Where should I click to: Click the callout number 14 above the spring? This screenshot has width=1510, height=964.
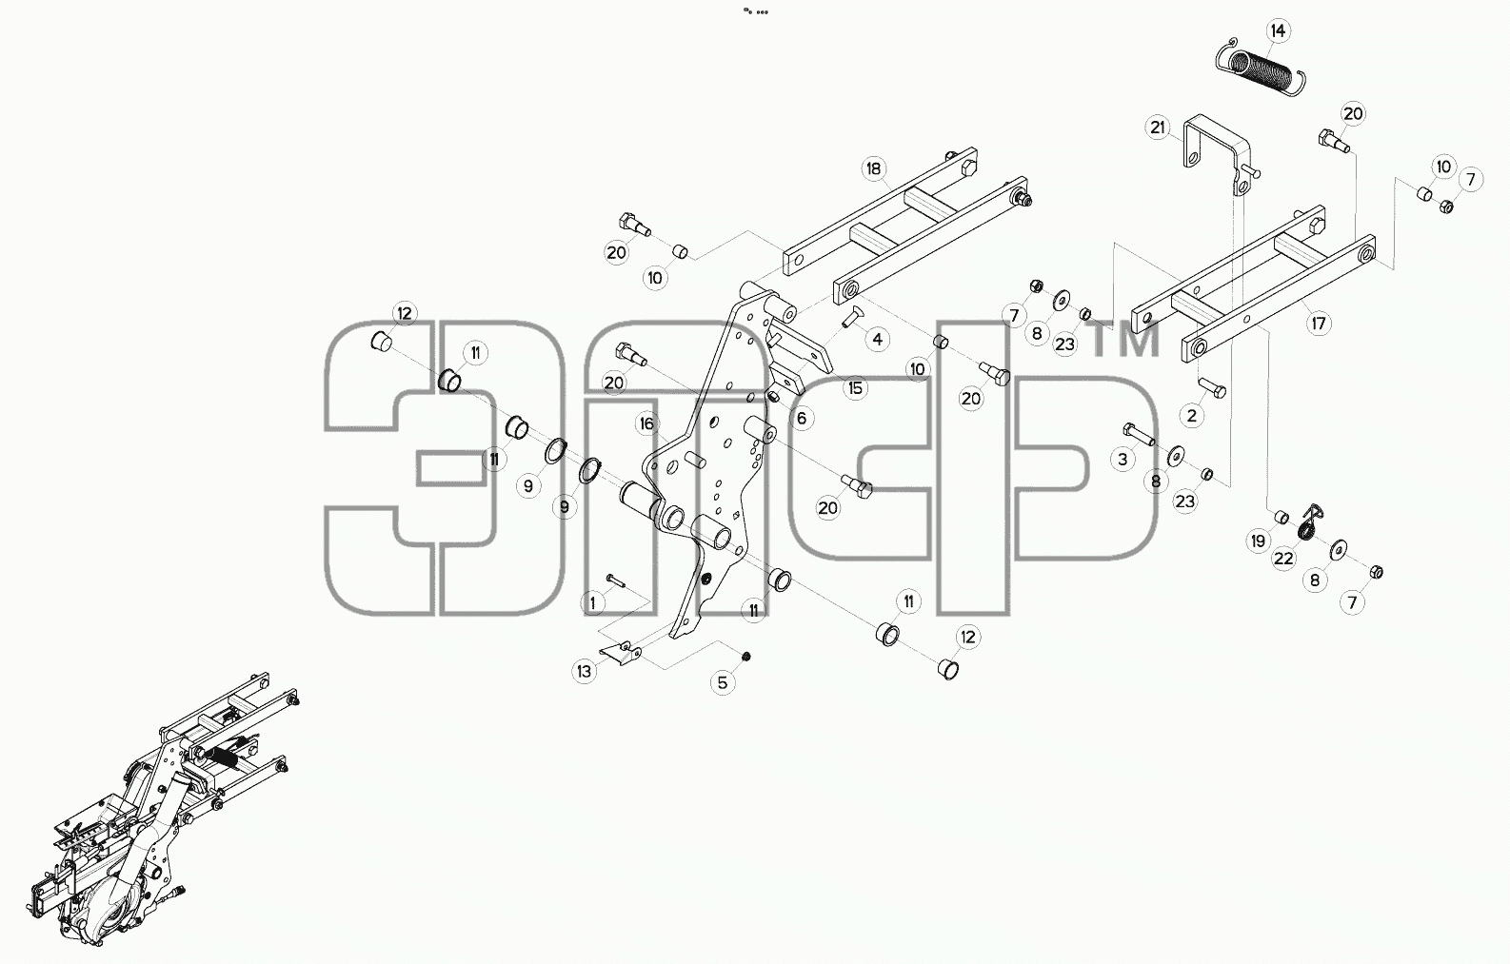(x=1278, y=31)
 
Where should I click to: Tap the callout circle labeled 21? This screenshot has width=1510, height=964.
(x=1158, y=128)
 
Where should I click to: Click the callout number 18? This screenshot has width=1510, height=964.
(x=874, y=168)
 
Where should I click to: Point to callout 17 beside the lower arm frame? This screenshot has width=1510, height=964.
(x=1319, y=324)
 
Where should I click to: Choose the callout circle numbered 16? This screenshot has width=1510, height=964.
(x=647, y=423)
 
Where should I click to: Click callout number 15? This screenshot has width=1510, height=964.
(x=855, y=388)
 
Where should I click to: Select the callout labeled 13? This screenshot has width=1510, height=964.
(x=584, y=671)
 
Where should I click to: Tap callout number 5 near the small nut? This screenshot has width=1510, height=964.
(x=723, y=682)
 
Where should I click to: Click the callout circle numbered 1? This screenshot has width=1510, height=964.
(x=593, y=603)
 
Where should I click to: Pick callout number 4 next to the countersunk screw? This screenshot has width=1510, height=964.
(x=877, y=339)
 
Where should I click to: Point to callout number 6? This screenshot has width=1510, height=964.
(x=802, y=419)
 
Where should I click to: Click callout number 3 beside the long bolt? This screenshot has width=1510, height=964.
(x=1123, y=460)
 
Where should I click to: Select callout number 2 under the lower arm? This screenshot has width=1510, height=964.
(x=1192, y=416)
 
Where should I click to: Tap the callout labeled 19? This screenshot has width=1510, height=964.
(x=1258, y=541)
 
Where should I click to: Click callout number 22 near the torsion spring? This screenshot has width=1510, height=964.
(x=1283, y=559)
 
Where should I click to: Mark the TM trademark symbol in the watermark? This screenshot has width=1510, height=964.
(x=1125, y=340)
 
